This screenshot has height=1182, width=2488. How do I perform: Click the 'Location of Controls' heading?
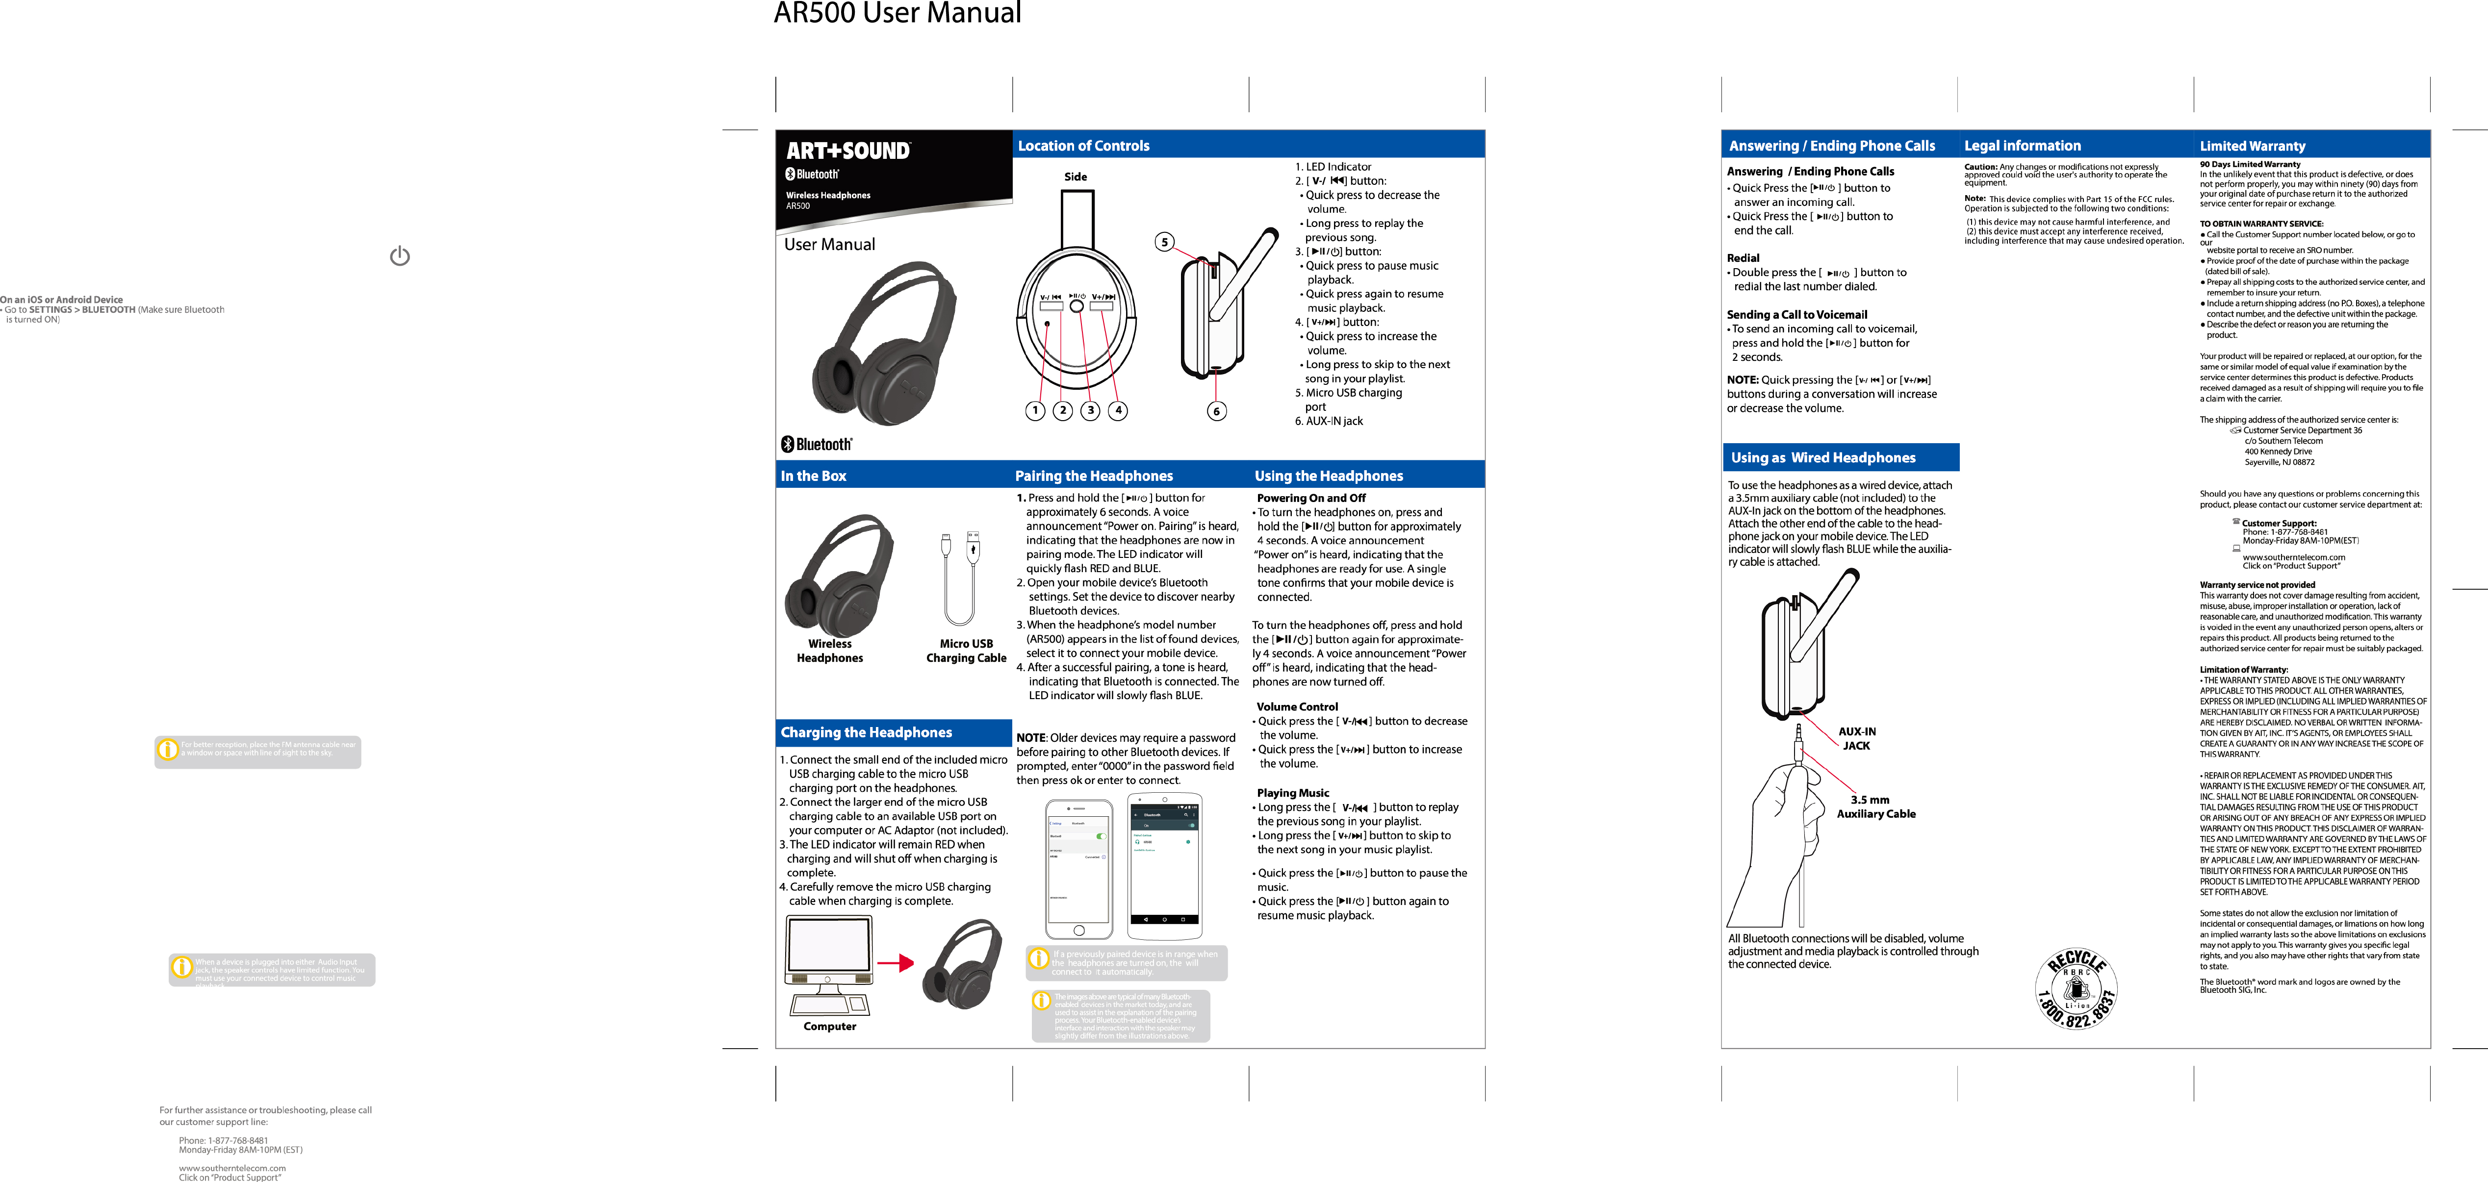point(1084,146)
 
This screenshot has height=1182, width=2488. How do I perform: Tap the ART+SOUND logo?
point(848,151)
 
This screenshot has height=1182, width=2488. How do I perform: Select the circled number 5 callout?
point(1165,242)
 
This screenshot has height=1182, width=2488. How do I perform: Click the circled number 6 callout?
point(1216,411)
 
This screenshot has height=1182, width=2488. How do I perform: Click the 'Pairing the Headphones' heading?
point(1093,476)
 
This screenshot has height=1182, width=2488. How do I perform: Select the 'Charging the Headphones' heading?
point(866,733)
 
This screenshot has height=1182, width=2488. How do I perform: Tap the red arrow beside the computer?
point(896,963)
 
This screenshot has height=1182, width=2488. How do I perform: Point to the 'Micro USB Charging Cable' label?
point(966,651)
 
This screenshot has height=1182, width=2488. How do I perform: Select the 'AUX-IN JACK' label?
point(1856,739)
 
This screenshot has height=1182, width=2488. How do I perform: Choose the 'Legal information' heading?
point(2023,146)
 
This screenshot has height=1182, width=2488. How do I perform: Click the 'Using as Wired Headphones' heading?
point(1822,458)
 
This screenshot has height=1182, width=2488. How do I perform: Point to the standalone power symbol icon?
point(400,256)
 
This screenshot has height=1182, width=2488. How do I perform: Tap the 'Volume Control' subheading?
point(1297,707)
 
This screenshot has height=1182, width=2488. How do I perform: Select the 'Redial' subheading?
point(1744,258)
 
